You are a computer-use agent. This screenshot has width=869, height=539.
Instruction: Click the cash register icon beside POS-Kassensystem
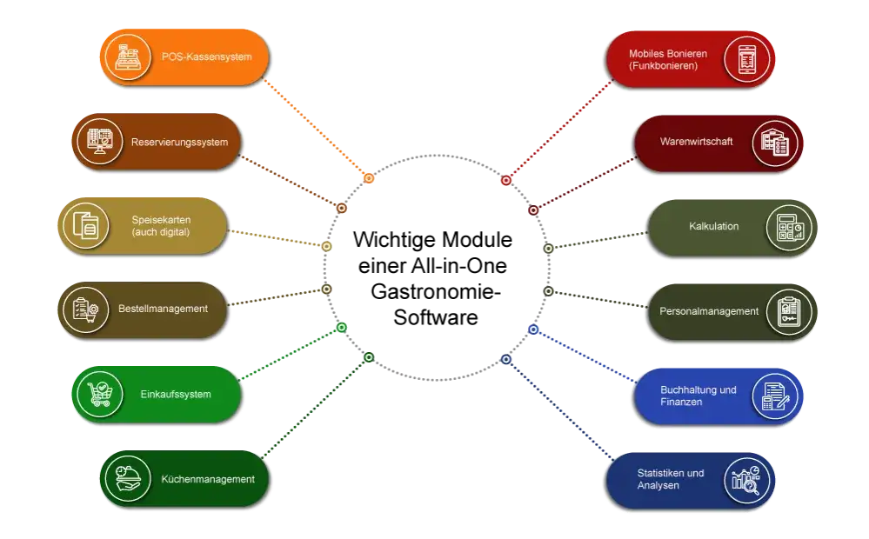pos(128,57)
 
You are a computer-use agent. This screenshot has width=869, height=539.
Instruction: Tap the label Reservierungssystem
pos(179,143)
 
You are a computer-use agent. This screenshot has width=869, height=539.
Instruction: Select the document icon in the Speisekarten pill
pos(86,225)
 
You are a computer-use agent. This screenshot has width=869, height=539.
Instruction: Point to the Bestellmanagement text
pos(163,309)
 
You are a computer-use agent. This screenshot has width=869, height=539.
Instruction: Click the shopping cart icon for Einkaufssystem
pos(100,394)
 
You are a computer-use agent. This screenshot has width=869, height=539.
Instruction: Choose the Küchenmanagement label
pos(208,479)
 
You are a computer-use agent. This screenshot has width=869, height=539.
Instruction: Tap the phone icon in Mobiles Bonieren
pos(746,59)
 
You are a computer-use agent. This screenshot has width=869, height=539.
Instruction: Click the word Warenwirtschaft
pos(696,141)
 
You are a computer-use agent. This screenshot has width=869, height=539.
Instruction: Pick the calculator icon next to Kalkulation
pos(789,228)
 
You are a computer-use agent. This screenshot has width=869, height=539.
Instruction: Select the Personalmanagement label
pos(709,311)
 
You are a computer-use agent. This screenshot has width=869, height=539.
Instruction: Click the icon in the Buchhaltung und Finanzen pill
pos(775,396)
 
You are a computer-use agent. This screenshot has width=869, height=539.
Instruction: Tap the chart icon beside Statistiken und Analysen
pos(746,480)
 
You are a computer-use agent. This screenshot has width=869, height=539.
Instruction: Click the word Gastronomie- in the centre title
pos(436,291)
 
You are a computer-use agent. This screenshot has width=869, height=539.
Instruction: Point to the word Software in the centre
pos(436,317)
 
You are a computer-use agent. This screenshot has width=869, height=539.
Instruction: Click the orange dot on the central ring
pos(369,178)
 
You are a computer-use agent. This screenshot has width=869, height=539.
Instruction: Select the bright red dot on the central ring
pos(506,180)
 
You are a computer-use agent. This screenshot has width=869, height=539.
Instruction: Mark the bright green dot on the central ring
pos(342,328)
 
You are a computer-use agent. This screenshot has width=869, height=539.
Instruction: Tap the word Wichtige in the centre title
pos(394,240)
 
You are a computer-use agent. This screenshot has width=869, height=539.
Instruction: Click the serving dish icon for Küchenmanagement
pos(128,479)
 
